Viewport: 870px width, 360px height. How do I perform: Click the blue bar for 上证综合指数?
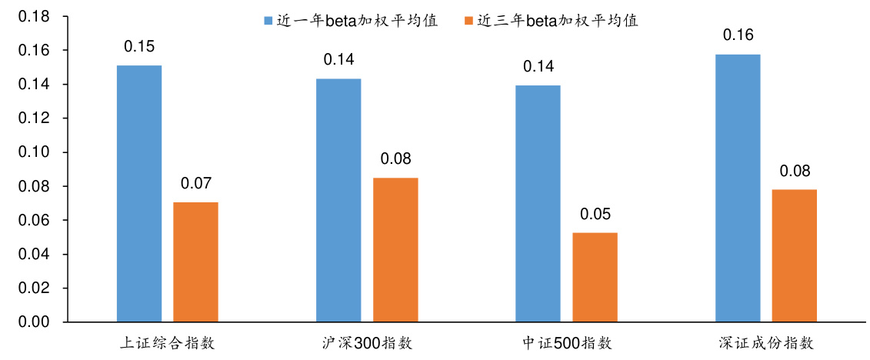point(139,193)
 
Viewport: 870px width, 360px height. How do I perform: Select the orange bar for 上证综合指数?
point(195,262)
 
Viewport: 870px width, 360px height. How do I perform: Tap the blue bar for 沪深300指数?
point(338,200)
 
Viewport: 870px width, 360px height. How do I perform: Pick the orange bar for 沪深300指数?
point(395,249)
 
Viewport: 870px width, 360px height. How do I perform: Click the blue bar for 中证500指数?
point(538,203)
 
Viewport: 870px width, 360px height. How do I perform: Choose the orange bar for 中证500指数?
point(595,277)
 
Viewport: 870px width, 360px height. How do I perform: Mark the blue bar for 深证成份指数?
point(738,188)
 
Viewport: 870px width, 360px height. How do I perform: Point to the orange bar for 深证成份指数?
point(795,255)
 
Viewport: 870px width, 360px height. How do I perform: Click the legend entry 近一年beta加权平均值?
point(351,21)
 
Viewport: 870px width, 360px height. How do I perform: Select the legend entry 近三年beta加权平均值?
point(551,21)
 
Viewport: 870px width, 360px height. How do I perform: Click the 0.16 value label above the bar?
point(738,35)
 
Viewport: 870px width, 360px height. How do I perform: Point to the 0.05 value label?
point(595,214)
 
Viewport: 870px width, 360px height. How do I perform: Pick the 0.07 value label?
point(195,183)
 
